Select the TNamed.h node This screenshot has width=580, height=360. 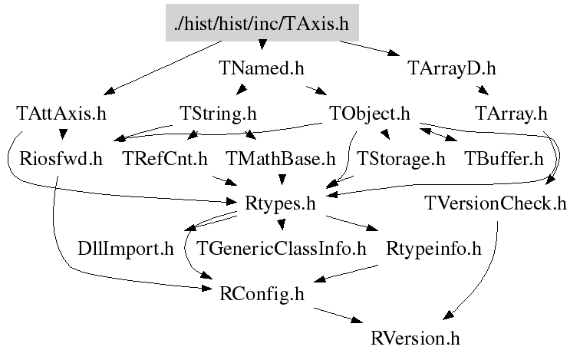[262, 69]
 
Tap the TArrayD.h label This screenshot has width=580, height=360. [451, 69]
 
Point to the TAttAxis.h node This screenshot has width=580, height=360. [61, 114]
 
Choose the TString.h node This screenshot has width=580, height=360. [218, 114]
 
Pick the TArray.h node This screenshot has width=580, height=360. [511, 114]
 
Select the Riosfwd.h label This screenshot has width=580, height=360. [61, 160]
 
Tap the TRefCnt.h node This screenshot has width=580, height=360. [166, 160]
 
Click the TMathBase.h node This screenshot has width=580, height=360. [282, 160]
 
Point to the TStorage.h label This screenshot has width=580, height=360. [401, 160]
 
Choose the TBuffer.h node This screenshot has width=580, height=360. [504, 160]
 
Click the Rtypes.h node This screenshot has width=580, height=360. [281, 204]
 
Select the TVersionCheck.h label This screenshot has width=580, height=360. [496, 204]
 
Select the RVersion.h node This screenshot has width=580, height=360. [416, 338]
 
